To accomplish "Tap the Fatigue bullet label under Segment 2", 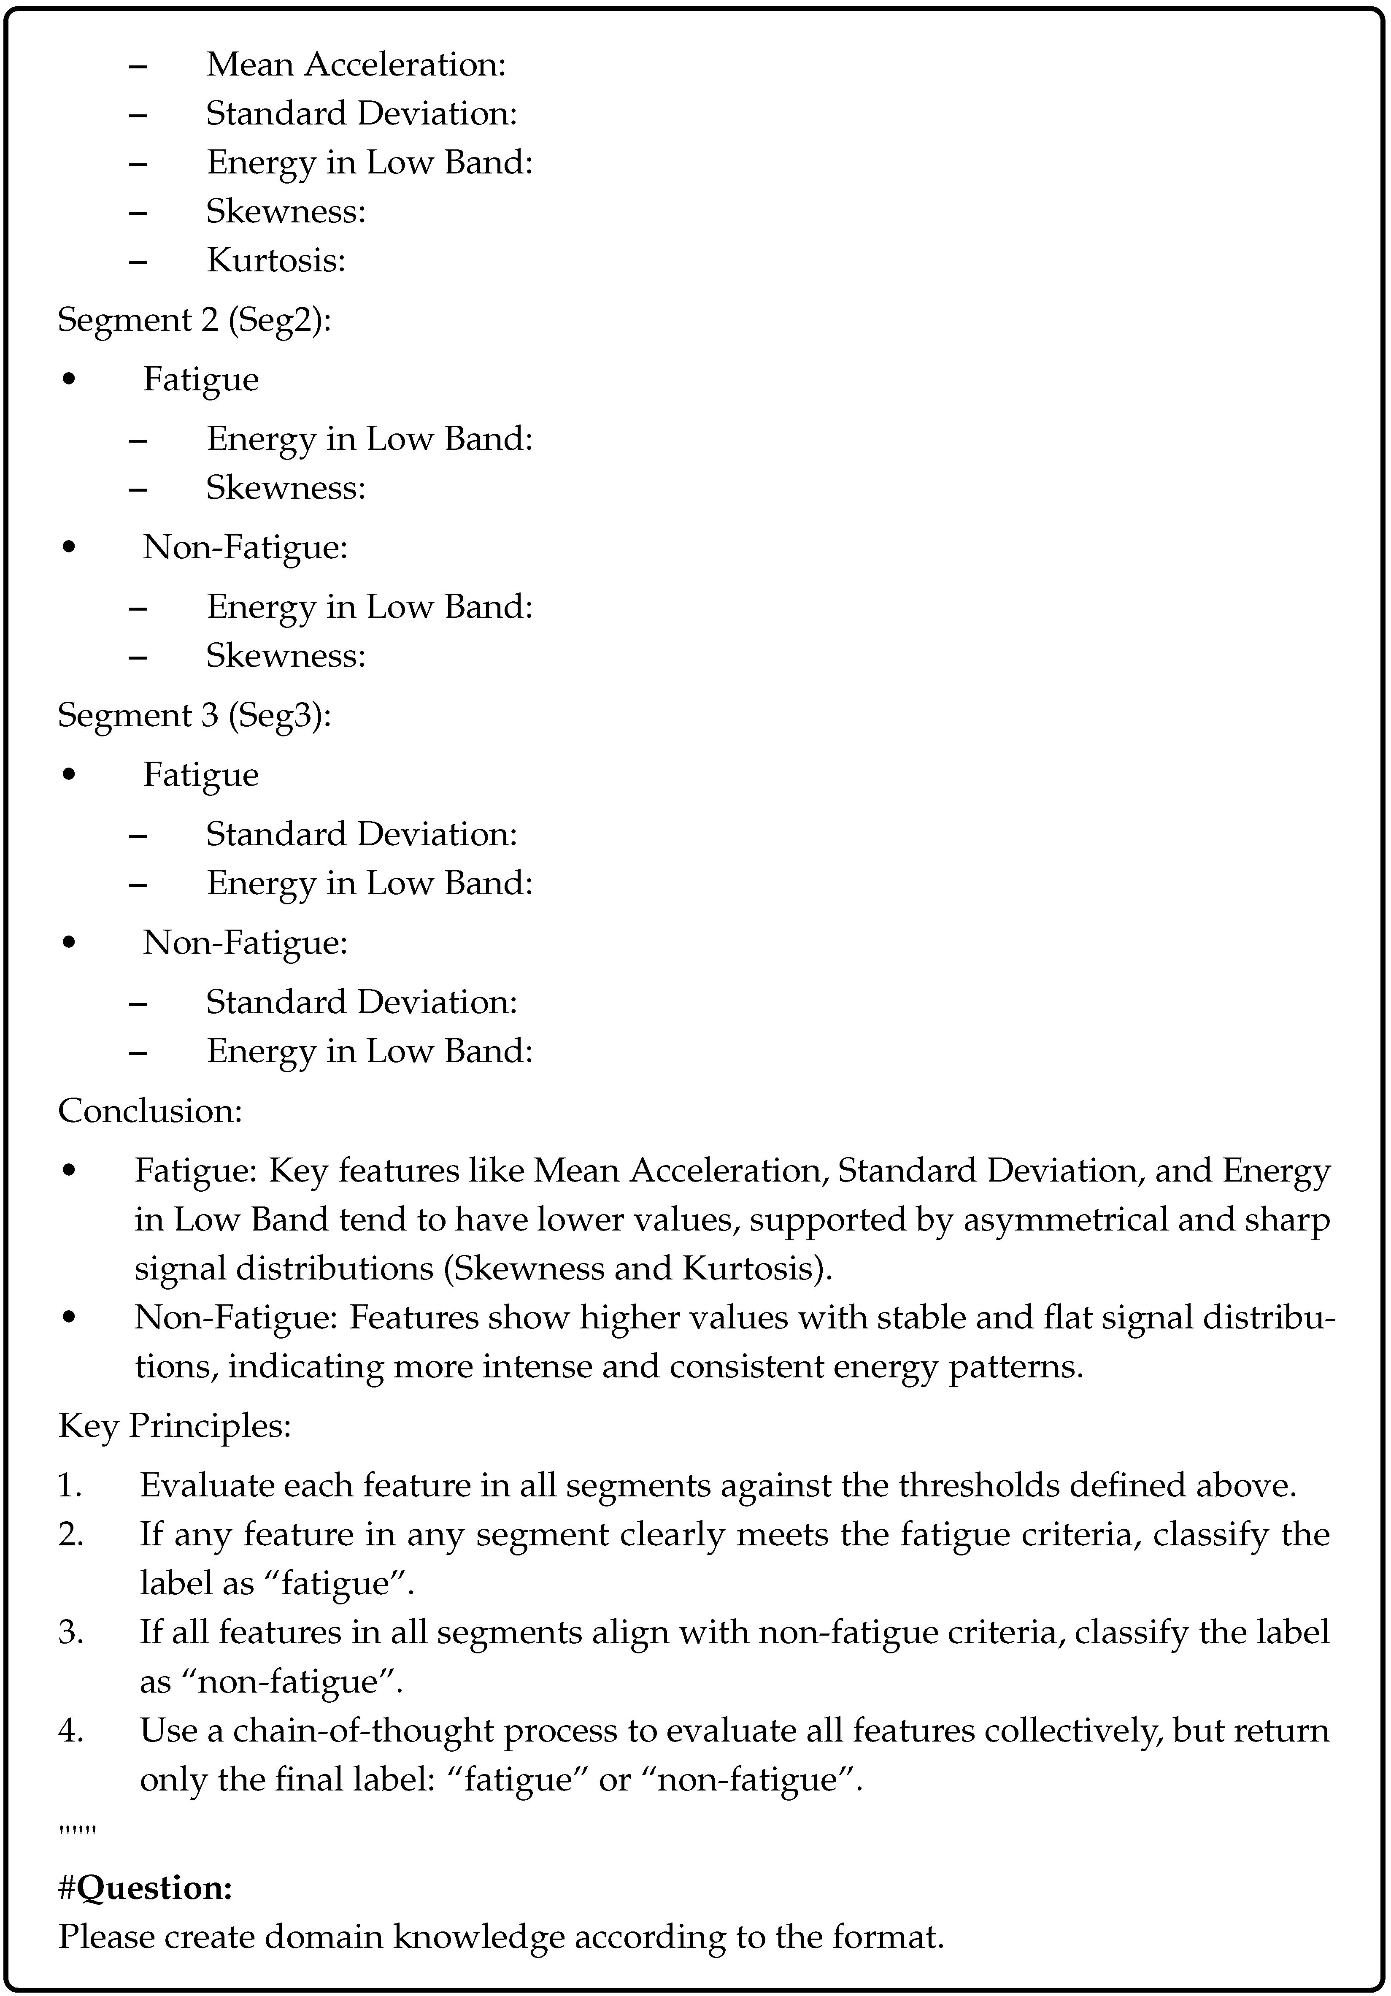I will tap(201, 380).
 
